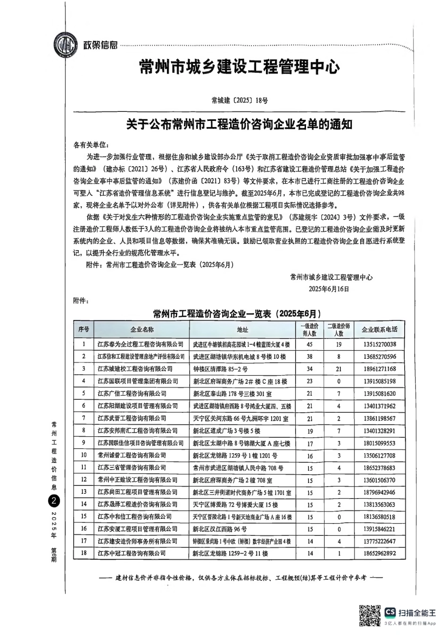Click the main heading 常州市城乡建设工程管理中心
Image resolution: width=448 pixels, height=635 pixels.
coord(240,67)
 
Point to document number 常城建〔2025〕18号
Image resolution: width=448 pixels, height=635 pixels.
coord(240,100)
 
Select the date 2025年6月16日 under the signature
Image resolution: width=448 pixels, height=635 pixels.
coord(329,288)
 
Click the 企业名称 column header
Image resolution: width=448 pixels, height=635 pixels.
coord(142,330)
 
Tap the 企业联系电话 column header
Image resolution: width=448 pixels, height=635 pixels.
coord(379,330)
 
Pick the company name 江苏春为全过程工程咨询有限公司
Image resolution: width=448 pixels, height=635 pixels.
coord(141,344)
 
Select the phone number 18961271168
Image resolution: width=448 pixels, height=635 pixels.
coord(380,369)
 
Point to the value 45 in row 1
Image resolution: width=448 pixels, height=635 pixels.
coord(309,344)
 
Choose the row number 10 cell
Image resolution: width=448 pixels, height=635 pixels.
coord(84,455)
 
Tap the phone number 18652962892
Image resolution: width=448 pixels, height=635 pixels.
coord(380,553)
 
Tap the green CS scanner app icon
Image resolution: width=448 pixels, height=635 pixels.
coord(390,612)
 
